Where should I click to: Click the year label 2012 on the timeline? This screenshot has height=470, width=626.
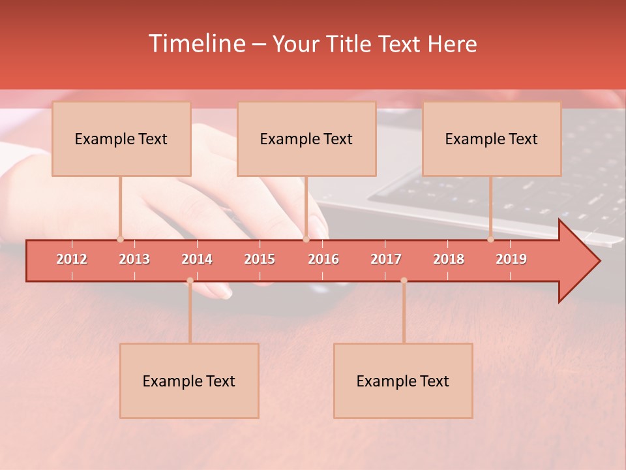(72, 259)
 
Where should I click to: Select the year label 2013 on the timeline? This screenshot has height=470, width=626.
(134, 259)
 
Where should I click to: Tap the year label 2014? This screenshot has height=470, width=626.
(197, 259)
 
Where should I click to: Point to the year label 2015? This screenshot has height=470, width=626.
(260, 259)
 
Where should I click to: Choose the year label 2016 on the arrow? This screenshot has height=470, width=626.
(323, 259)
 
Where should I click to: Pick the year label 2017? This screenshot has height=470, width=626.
(386, 259)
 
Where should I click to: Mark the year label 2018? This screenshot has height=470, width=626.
(449, 259)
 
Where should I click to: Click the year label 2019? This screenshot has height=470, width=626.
(511, 259)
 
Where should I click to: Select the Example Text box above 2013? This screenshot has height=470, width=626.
(121, 138)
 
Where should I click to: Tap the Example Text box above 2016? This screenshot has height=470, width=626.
(306, 138)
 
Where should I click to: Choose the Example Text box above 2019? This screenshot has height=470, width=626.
(491, 138)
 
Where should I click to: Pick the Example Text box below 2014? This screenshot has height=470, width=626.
(189, 381)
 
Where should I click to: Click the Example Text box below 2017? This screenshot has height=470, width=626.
(403, 381)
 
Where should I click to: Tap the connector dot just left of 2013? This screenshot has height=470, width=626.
(120, 240)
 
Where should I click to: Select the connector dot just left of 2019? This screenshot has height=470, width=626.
(490, 240)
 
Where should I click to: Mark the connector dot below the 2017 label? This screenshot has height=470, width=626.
(404, 281)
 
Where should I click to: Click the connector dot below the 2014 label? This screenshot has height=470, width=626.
(190, 281)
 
